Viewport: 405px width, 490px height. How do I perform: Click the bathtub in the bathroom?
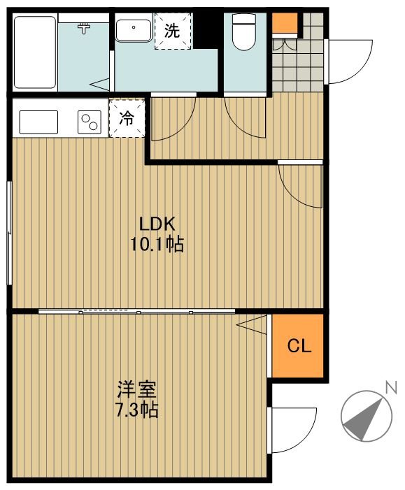(x=35, y=52)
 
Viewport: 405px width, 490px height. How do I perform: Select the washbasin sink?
(x=134, y=30)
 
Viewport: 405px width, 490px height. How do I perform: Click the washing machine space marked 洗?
(x=173, y=31)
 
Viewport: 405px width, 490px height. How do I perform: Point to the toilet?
(x=244, y=32)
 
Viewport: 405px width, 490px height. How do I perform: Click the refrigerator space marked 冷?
(x=127, y=118)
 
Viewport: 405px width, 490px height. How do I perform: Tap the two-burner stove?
(x=90, y=122)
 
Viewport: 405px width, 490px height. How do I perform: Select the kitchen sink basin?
(x=38, y=122)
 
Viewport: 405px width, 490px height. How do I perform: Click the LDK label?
(x=157, y=224)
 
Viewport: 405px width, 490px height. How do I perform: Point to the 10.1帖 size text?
(x=157, y=245)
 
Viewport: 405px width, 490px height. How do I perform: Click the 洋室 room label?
(x=136, y=389)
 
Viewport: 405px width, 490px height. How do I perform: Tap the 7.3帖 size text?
(x=136, y=410)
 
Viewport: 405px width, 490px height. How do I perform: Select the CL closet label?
(x=299, y=346)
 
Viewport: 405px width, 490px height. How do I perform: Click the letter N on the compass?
(x=391, y=387)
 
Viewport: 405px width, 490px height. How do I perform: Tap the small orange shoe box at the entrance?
(x=285, y=23)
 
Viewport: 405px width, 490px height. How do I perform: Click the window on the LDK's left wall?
(x=9, y=233)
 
